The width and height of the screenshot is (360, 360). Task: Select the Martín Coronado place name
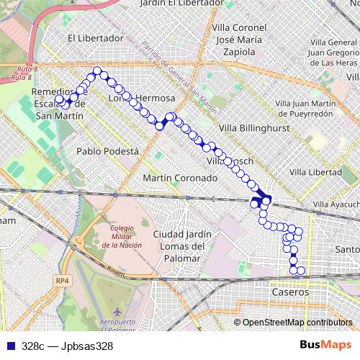click(x=179, y=177)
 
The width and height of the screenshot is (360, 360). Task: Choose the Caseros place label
click(x=290, y=293)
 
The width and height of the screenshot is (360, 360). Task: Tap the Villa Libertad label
click(x=315, y=173)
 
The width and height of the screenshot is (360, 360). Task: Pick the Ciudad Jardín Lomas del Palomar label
click(x=182, y=246)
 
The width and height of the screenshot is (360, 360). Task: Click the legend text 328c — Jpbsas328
click(x=67, y=346)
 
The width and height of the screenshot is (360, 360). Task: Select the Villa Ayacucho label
click(x=337, y=204)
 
